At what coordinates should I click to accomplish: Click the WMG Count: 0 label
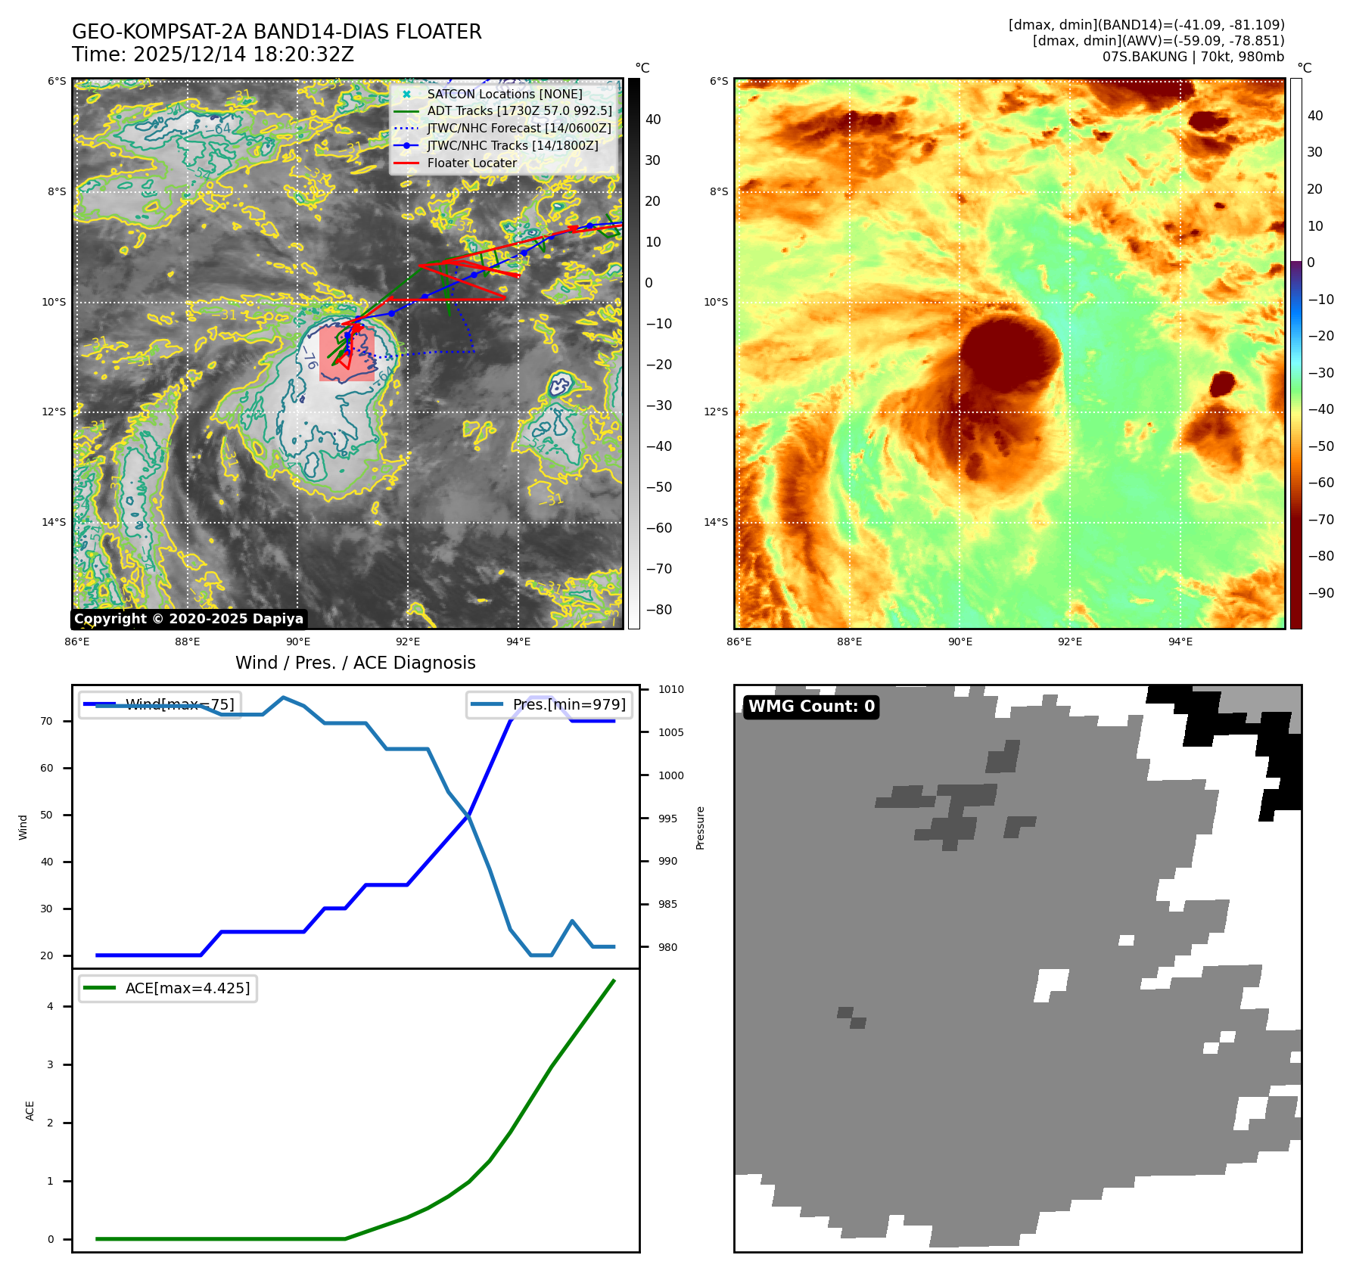coord(811,707)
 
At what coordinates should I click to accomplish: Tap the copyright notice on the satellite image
coord(188,619)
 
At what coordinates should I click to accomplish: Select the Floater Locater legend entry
coord(471,163)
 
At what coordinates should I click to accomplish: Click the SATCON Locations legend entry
coord(504,95)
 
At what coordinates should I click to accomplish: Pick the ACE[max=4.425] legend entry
coord(187,988)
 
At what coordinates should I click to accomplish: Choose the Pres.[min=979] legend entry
coord(568,705)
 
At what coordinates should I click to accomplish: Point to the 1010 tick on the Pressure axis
coord(670,690)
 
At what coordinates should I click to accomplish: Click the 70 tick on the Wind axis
coord(47,722)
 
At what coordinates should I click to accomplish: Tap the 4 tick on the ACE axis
coord(51,1007)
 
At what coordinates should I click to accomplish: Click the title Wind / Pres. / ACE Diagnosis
coord(355,663)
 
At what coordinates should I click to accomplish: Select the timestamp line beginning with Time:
coord(213,55)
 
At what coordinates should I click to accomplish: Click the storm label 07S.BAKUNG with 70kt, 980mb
coord(1193,57)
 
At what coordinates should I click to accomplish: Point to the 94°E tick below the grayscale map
coord(518,642)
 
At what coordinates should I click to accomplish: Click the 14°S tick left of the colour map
coord(716,523)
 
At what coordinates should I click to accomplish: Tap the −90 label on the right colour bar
coord(1320,593)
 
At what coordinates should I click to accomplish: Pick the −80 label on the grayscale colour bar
coord(658,610)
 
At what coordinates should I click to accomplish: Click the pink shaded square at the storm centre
coord(347,354)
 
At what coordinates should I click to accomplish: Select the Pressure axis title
coord(701,828)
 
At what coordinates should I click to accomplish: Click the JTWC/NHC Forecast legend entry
coord(518,129)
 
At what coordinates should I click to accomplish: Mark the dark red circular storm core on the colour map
coord(1009,354)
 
